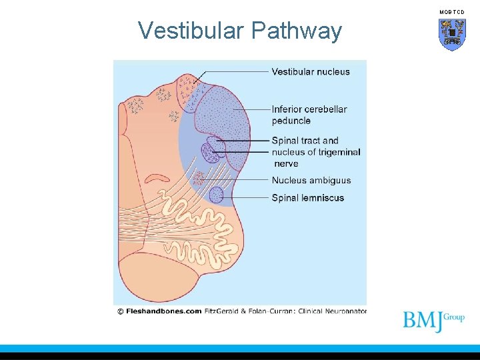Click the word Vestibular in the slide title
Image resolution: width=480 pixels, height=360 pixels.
point(190,31)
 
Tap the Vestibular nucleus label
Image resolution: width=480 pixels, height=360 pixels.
point(310,72)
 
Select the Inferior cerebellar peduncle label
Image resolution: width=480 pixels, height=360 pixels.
point(309,115)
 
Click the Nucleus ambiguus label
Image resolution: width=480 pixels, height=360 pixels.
point(311,180)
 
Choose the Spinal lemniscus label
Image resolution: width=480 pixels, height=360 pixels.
point(307,197)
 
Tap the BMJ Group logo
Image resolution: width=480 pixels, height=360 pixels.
point(433,321)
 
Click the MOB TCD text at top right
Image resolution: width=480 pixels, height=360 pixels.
point(451,12)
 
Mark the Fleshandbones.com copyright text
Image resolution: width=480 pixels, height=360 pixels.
point(159,311)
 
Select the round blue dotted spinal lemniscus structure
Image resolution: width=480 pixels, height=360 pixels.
point(216,195)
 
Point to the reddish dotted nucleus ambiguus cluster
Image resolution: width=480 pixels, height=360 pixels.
point(198,178)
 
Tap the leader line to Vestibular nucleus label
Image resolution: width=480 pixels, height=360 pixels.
point(233,72)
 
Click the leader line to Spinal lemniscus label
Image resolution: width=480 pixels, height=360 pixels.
point(247,197)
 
